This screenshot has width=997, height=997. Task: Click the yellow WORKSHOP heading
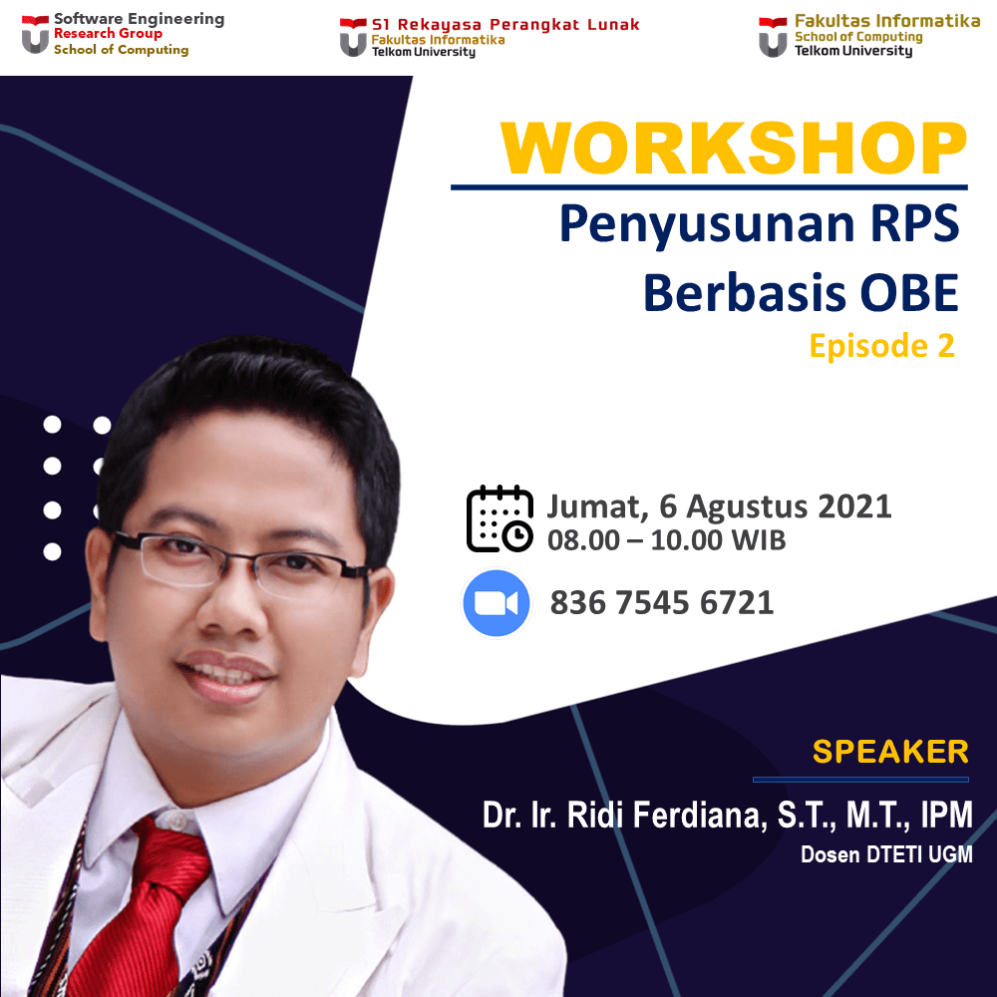point(734,148)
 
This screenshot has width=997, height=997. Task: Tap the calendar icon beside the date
point(499,518)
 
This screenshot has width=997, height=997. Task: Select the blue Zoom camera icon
point(496,603)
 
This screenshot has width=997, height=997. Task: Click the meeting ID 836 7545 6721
point(662,602)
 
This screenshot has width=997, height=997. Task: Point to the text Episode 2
point(882,346)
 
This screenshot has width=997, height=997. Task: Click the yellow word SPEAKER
point(890,752)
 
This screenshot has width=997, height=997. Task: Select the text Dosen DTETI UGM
point(886,854)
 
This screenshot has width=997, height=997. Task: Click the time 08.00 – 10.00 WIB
point(666,540)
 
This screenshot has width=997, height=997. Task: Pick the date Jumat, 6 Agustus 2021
point(719,506)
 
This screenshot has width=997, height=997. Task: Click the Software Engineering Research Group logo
point(35,34)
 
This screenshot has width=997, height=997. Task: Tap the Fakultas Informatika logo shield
point(773,38)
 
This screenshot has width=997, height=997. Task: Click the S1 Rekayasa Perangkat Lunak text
point(505,25)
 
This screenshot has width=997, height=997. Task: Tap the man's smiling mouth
point(225,678)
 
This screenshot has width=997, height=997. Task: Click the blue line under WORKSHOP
point(709,187)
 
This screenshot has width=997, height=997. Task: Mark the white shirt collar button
point(175,822)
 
